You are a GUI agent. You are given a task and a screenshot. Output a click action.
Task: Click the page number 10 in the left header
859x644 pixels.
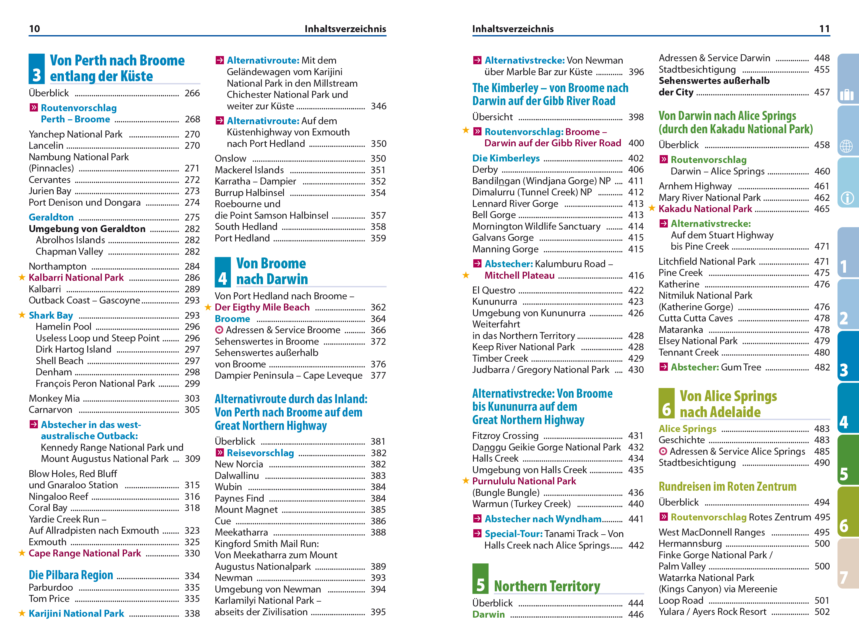pos(35,29)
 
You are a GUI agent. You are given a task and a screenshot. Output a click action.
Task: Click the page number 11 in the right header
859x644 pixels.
pos(824,29)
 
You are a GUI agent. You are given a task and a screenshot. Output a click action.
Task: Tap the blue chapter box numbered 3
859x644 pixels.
pos(36,69)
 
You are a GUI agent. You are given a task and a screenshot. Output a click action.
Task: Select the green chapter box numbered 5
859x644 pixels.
pos(480,579)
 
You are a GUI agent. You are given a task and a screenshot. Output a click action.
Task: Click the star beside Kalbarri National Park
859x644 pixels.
pos(22,277)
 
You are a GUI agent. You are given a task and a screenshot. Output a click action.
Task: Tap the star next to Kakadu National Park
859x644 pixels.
pos(652,208)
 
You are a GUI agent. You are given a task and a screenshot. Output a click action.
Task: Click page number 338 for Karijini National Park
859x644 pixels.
pos(192,613)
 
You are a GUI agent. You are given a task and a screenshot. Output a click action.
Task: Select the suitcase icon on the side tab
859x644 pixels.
pos(847,94)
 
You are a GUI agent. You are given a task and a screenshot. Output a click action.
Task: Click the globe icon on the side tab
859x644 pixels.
pos(847,146)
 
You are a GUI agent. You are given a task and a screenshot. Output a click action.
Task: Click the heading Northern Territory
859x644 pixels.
pos(547,586)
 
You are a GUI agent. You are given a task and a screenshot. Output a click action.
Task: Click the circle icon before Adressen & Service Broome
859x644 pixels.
pos(219,330)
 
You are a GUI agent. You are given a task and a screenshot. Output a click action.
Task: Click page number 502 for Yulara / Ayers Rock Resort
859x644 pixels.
pos(822,612)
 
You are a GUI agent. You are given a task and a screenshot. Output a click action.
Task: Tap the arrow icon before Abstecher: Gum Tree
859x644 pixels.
pos(664,367)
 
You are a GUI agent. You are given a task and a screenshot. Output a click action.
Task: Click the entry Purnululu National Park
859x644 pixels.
pos(524,481)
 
